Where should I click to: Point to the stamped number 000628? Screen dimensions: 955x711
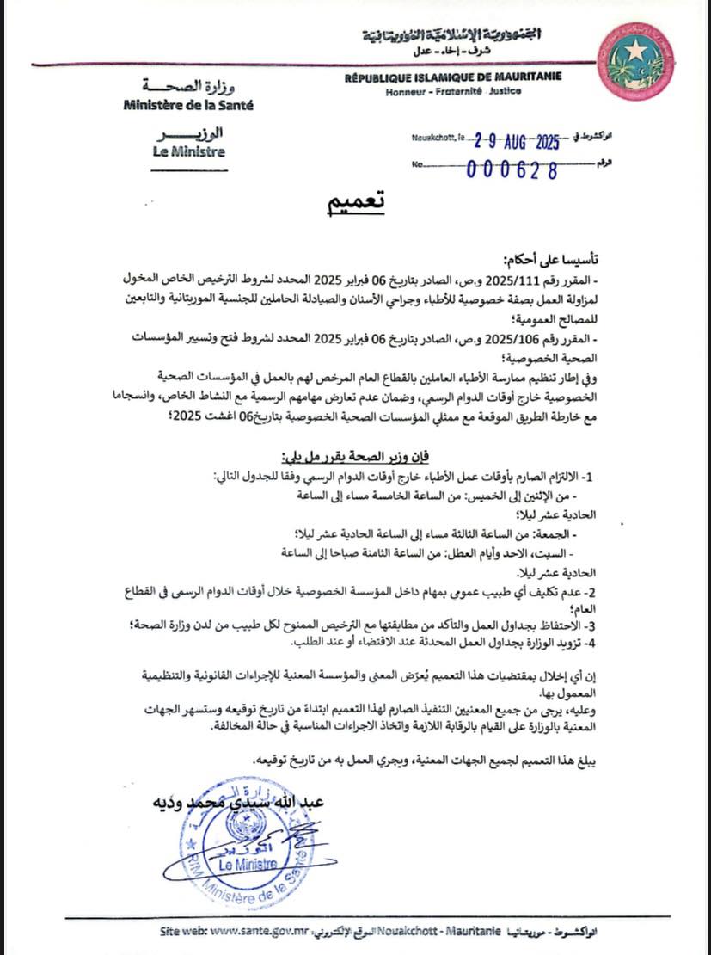(x=512, y=169)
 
